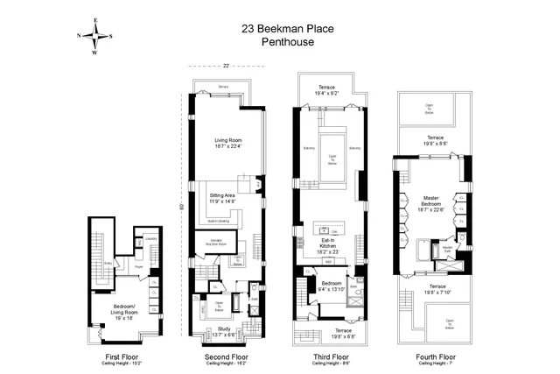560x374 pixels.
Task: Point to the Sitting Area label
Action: [221, 198]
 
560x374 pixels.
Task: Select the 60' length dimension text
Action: [181, 207]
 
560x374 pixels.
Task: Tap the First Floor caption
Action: [118, 357]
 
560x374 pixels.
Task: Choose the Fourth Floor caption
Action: [435, 357]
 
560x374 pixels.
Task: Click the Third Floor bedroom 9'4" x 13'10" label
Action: [330, 286]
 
